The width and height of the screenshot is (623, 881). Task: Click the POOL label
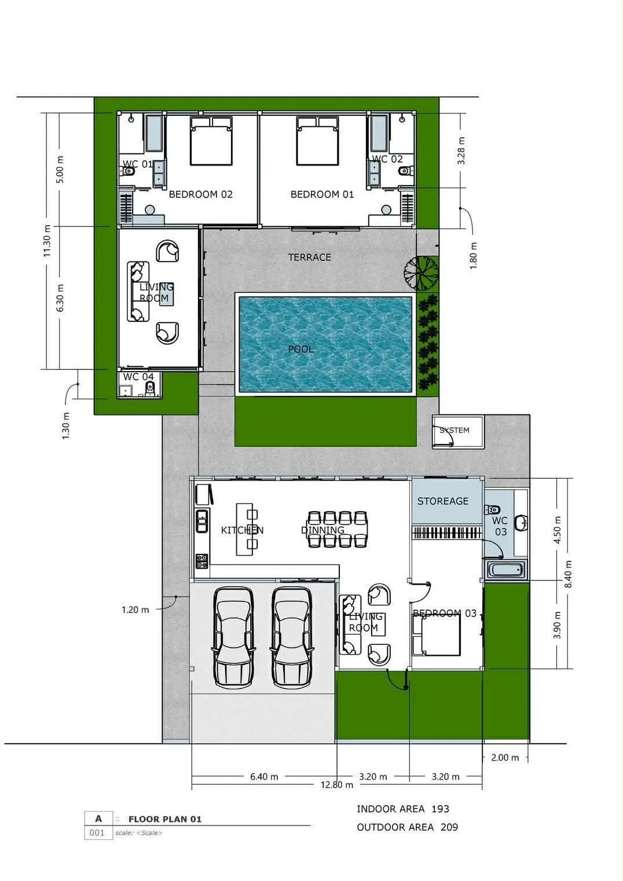[x=301, y=349]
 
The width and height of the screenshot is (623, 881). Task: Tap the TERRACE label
[x=310, y=257]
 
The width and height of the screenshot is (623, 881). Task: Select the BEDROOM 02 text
[x=200, y=194]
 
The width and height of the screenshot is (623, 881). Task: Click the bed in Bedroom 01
[x=317, y=141]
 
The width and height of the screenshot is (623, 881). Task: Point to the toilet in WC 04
[x=150, y=389]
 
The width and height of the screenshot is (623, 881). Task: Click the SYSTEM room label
[x=455, y=430]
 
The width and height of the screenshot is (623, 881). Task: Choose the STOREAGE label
[x=443, y=501]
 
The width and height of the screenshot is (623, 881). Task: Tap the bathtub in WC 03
[x=505, y=570]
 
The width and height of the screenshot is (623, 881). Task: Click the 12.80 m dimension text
[x=336, y=785]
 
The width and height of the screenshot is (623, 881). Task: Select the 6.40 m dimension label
[x=264, y=777]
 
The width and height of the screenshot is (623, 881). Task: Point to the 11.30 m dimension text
[x=47, y=241]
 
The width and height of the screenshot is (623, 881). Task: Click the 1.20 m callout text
[x=135, y=610]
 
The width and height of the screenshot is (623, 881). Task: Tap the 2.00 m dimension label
[x=505, y=758]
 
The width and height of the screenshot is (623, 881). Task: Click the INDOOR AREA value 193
[x=440, y=809]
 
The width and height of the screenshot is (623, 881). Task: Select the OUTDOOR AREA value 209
[x=449, y=827]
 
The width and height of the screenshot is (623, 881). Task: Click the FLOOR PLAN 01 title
[x=165, y=819]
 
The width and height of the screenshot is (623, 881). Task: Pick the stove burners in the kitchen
[x=201, y=561]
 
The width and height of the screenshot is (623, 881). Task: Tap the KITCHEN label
[x=242, y=530]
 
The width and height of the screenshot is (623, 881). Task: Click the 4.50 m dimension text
[x=557, y=530]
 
